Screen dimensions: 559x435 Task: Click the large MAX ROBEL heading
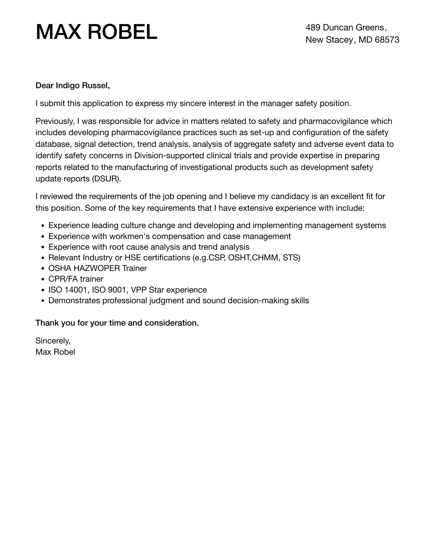[x=96, y=32]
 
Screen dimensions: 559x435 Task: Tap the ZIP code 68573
[x=387, y=40]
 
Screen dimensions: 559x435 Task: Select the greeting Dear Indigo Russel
[x=72, y=86]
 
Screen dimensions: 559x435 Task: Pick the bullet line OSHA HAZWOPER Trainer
[x=98, y=268]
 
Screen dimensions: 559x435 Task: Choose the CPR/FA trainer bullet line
[x=76, y=279]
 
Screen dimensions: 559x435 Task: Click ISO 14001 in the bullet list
[x=68, y=290]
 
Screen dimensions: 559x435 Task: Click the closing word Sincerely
[x=53, y=341]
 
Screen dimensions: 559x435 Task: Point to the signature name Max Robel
[x=55, y=352]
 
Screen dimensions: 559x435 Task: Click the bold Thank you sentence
[x=117, y=323]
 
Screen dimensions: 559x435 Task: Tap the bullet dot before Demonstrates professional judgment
[x=43, y=301]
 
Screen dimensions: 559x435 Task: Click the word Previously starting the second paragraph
[x=55, y=121]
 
